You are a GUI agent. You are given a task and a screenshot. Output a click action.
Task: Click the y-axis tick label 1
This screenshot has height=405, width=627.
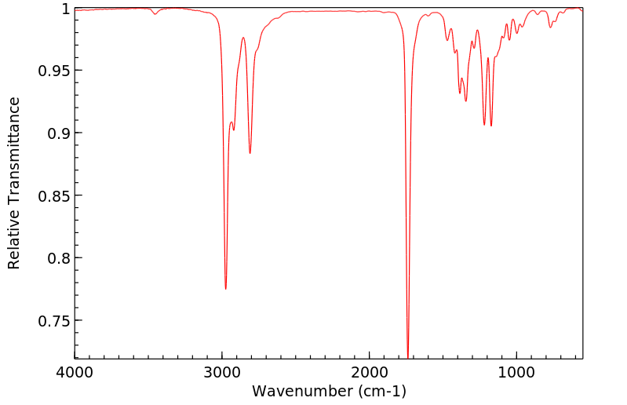click(x=66, y=9)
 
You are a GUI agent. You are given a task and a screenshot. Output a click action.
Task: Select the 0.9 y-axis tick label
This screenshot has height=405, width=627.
click(x=59, y=133)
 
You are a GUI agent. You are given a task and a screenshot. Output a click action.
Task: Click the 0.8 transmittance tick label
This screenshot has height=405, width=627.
click(x=59, y=258)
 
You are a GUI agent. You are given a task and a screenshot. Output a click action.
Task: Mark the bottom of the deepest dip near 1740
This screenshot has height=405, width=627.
click(x=408, y=356)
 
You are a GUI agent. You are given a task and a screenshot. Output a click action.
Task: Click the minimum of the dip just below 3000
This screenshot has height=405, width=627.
click(x=225, y=289)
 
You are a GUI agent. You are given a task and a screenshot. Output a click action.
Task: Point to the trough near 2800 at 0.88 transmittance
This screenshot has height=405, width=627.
click(x=250, y=153)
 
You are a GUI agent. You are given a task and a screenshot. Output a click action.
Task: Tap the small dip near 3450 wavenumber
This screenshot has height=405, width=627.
click(x=155, y=14)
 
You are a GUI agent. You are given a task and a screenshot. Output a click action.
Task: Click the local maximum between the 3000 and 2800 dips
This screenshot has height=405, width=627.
click(x=243, y=38)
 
